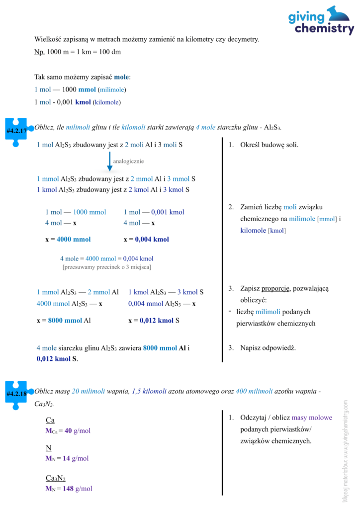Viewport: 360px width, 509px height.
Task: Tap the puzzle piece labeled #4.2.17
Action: point(16,131)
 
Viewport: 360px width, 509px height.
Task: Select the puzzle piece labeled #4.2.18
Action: point(16,395)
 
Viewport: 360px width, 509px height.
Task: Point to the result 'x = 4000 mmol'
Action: point(68,239)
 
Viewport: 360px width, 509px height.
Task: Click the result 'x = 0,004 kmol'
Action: point(146,239)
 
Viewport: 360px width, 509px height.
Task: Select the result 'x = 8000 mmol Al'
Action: point(64,321)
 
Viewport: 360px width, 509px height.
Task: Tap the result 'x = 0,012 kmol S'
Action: point(154,321)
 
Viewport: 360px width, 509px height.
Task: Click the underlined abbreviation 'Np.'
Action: point(39,52)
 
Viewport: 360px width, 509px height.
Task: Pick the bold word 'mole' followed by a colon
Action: point(121,77)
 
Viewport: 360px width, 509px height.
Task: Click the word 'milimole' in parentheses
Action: point(112,90)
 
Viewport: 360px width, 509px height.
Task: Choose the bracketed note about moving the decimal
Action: point(107,267)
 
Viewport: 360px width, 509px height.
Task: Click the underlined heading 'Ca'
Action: point(50,421)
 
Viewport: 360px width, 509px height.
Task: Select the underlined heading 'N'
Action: point(48,448)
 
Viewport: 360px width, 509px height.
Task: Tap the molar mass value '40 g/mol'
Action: point(78,431)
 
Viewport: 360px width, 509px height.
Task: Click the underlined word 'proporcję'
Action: point(276,288)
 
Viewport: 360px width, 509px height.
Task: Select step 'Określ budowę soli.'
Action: point(269,145)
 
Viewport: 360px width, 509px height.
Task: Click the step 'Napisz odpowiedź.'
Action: point(268,347)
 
